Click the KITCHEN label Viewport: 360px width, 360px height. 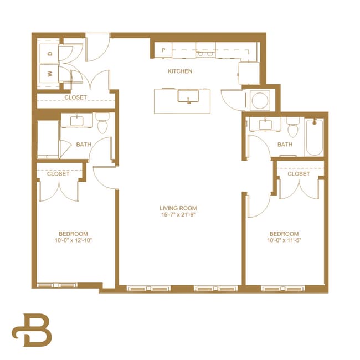[180, 71]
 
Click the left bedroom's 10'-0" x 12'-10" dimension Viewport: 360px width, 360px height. [73, 241]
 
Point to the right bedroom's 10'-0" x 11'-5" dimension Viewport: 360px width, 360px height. [284, 241]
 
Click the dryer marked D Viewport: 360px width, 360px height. [49, 53]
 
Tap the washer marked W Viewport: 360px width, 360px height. [49, 73]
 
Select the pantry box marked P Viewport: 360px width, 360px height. [163, 50]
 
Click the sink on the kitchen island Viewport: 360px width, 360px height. [188, 96]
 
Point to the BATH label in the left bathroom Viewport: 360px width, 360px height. [84, 145]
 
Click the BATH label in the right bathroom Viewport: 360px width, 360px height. [285, 145]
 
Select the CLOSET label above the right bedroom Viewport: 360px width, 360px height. [299, 174]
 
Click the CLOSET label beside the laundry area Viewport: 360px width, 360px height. [75, 97]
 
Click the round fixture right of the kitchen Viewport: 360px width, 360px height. [258, 101]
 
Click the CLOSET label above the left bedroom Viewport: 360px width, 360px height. [58, 174]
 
